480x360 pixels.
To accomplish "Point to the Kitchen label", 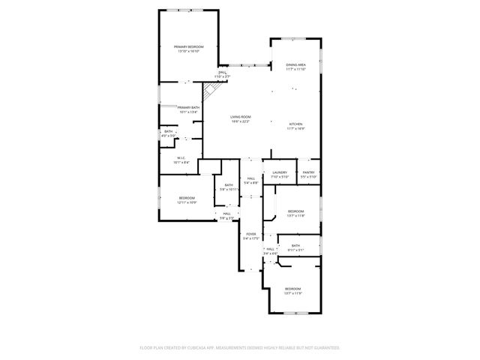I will (x=295, y=126).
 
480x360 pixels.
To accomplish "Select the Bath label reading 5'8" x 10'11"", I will (x=228, y=187).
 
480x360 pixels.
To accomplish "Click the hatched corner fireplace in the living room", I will (x=211, y=91).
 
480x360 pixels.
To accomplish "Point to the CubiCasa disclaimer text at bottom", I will (x=240, y=348).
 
